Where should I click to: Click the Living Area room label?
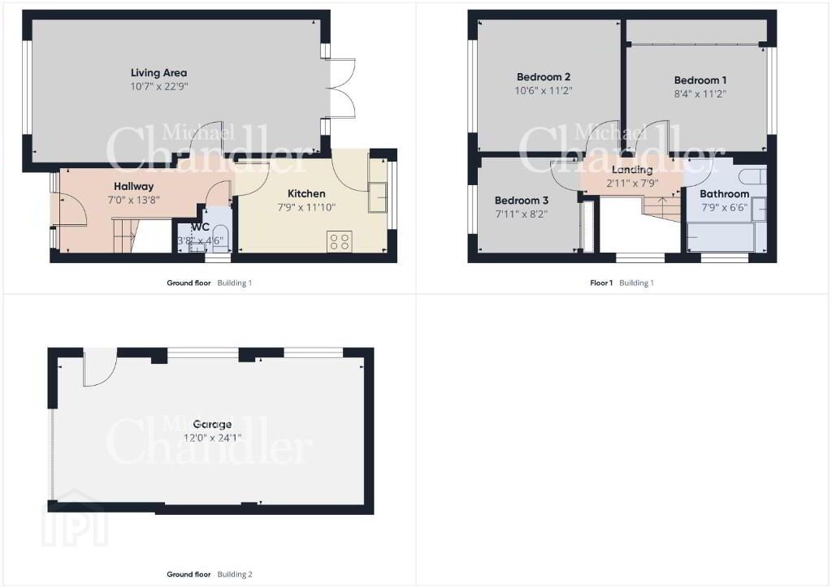158,72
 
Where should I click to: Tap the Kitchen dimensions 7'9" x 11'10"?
306,207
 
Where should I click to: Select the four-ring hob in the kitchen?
340,242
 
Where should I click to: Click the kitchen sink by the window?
380,198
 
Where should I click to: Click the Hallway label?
134,186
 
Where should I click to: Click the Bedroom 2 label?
544,77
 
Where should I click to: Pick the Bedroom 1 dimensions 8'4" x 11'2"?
700,94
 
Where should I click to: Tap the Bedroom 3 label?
521,201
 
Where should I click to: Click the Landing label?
632,170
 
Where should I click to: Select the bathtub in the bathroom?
720,237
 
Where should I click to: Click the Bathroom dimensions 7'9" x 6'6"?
724,207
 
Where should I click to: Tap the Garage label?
212,424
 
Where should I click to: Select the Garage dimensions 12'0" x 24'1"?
212,438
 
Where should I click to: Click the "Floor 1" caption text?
601,283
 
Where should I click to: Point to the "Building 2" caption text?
235,574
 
